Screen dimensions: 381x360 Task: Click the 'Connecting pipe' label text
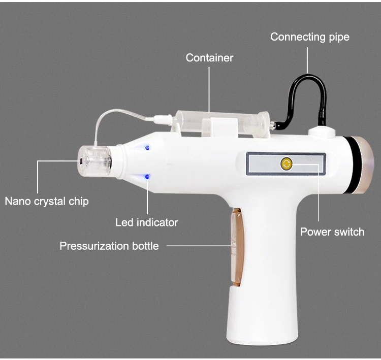coord(309,37)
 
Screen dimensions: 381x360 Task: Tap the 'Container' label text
coord(209,57)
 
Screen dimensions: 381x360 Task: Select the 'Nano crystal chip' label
coord(47,201)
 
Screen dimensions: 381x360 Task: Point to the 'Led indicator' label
coord(147,222)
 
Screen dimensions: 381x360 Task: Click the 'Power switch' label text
coord(332,232)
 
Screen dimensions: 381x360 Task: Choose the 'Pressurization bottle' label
coord(109,246)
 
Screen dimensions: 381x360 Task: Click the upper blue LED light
coord(147,148)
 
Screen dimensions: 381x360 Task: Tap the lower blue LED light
coord(147,177)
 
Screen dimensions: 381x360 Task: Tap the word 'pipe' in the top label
coord(338,37)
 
